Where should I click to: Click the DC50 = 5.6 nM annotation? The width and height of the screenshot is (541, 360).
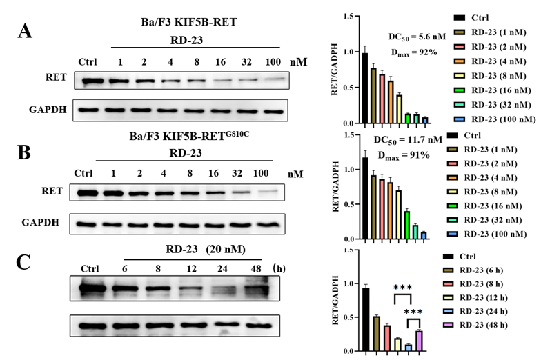point(413,39)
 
